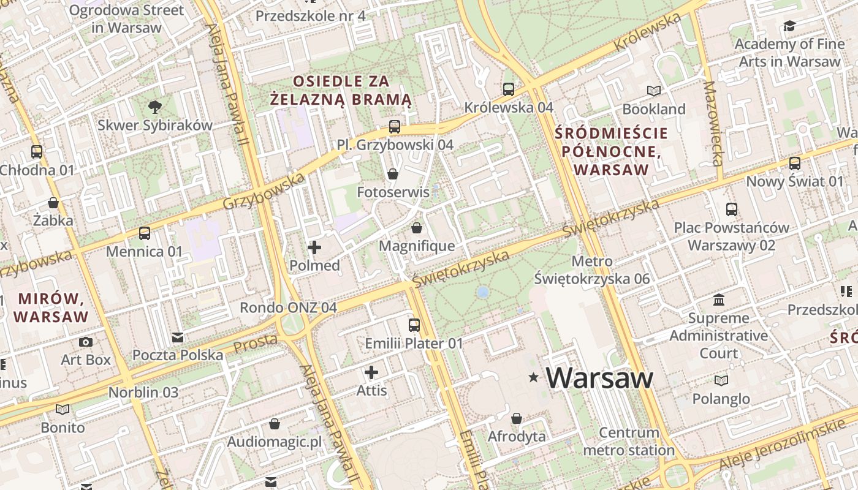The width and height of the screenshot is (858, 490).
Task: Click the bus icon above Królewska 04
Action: (509, 89)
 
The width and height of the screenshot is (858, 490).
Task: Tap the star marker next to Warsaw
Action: (534, 379)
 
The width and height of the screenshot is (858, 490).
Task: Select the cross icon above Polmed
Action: (314, 247)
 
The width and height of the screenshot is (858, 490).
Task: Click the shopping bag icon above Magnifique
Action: (417, 228)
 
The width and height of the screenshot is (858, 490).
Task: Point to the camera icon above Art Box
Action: (86, 342)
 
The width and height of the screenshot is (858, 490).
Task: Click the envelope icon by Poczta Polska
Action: (178, 337)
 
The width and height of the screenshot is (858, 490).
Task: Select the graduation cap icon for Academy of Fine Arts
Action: (789, 26)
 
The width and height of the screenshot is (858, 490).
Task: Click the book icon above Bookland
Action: (654, 91)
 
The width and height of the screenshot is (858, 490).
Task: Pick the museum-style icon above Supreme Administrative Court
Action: (719, 300)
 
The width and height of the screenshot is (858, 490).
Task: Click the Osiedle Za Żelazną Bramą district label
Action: (341, 90)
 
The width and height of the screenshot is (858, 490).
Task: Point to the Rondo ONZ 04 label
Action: (288, 307)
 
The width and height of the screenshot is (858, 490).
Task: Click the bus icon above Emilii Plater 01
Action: (414, 325)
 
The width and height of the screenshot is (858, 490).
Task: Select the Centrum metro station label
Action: (629, 442)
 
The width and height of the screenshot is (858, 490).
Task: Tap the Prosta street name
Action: (255, 344)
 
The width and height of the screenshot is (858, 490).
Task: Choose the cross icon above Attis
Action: (371, 372)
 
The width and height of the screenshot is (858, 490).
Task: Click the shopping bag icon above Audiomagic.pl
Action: (275, 424)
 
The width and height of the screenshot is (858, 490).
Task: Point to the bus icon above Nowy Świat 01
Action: (795, 164)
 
